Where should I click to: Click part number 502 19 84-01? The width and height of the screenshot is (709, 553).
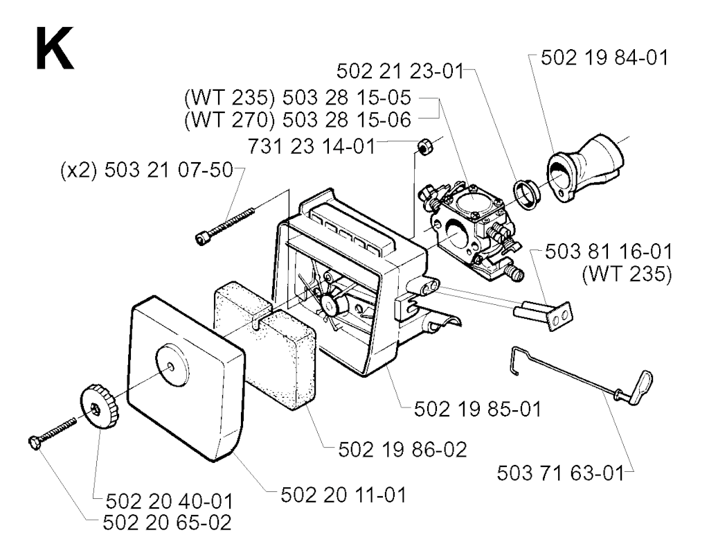tap(604, 58)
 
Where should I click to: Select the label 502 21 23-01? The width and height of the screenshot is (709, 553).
tap(400, 71)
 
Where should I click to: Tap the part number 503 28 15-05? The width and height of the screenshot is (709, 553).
tap(346, 97)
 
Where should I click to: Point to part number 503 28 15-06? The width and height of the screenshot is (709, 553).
tap(346, 119)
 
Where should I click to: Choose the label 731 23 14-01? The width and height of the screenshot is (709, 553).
tap(312, 146)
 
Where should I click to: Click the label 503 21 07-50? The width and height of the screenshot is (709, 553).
tap(169, 170)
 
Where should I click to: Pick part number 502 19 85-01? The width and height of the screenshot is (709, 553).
tap(478, 410)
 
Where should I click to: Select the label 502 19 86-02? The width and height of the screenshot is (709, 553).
tap(402, 450)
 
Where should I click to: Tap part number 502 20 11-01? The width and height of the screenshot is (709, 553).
tap(343, 495)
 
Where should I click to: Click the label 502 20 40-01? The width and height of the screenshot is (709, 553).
tap(170, 502)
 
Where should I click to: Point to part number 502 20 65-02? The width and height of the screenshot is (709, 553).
tap(168, 523)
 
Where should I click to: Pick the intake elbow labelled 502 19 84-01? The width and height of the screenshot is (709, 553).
tap(586, 168)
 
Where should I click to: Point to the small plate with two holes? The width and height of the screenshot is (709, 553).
tap(560, 317)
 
